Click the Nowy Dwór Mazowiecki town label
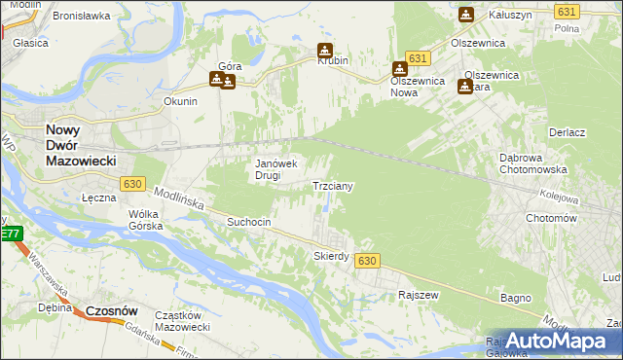click(81, 144)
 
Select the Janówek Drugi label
click(275, 169)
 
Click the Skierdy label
click(331, 256)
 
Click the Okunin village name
click(181, 101)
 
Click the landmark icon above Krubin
click(325, 51)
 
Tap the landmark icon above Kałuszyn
click(465, 15)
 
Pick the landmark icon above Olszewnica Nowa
click(399, 69)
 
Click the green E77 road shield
click(10, 234)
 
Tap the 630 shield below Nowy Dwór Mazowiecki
click(133, 183)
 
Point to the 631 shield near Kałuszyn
click(567, 11)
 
